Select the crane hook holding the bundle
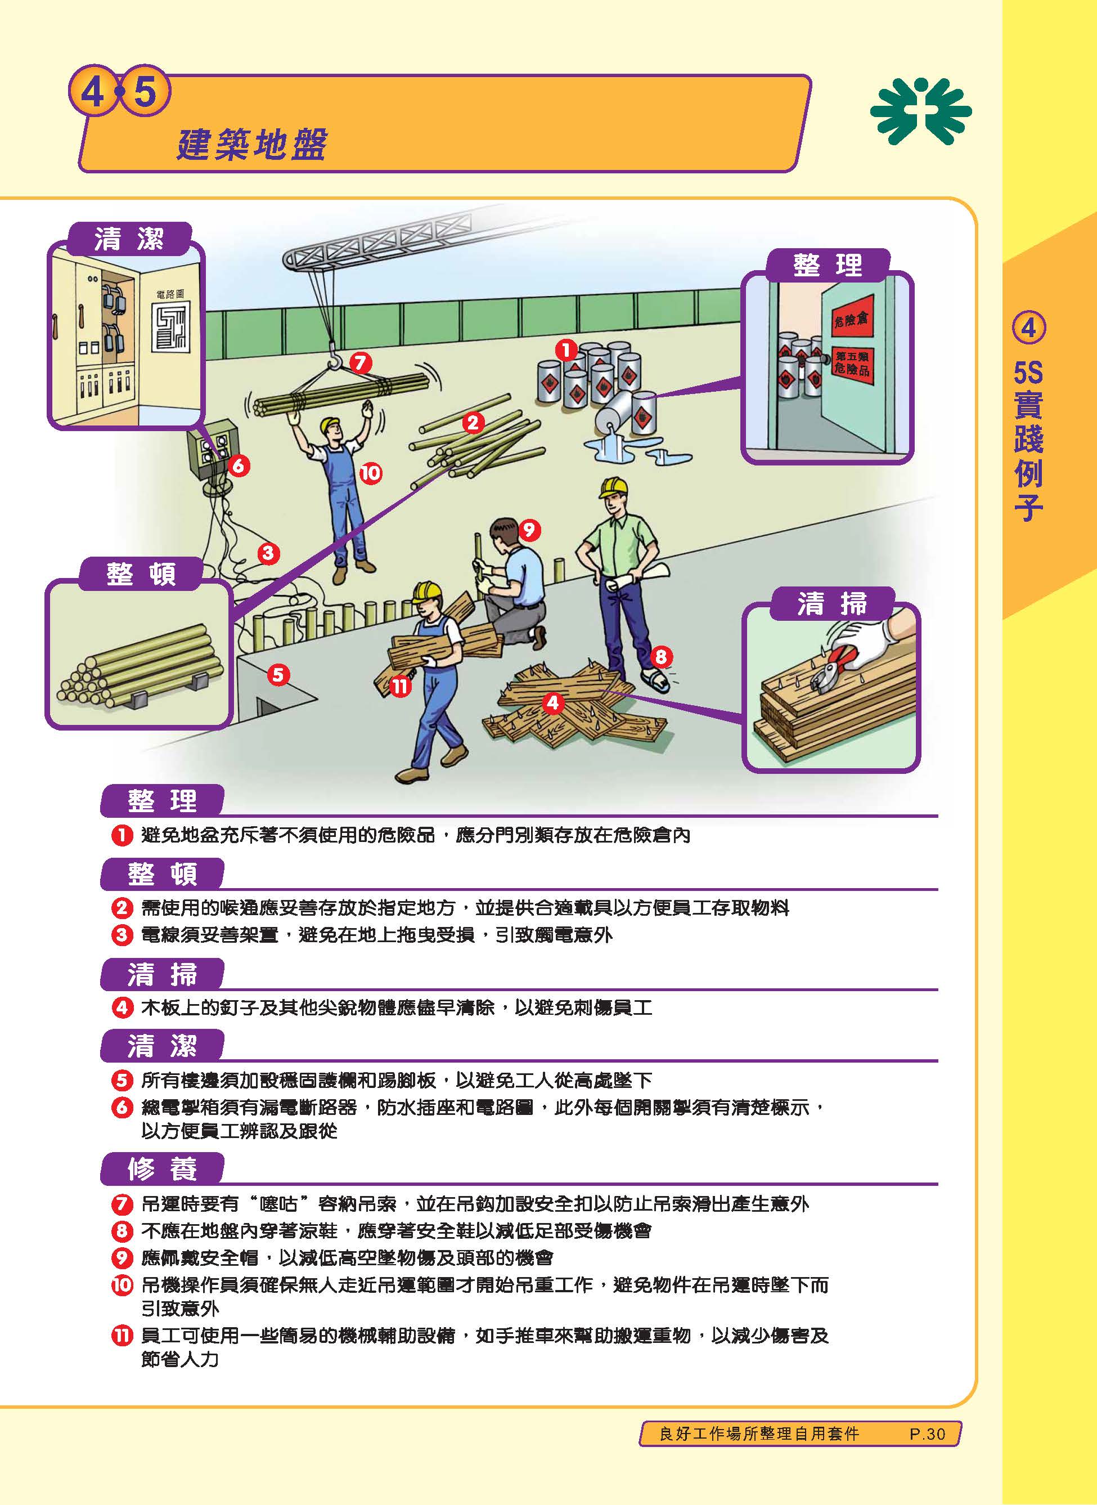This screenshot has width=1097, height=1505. [x=334, y=362]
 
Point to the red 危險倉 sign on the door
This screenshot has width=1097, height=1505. [x=851, y=320]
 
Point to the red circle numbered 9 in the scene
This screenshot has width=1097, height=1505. [x=529, y=530]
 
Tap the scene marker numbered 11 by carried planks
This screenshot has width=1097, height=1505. [x=399, y=686]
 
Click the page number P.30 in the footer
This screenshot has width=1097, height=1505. [x=927, y=1434]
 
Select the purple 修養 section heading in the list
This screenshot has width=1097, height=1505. [x=162, y=1169]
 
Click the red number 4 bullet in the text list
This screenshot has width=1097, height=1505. [x=122, y=1007]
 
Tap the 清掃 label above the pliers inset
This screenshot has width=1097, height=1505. [x=831, y=604]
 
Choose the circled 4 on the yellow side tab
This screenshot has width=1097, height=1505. [x=1028, y=328]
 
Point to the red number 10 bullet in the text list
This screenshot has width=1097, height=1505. [x=122, y=1284]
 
